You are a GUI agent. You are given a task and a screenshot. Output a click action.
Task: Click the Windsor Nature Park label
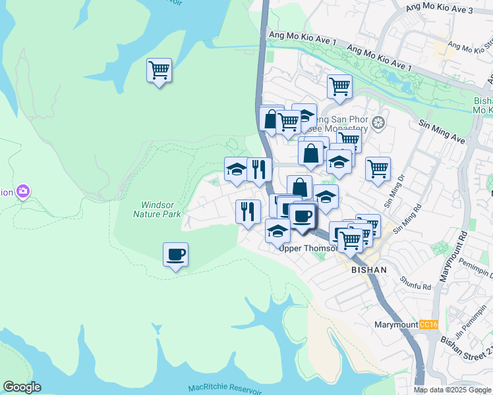pos(156,209)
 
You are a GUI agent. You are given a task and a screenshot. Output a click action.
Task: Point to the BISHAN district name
pos(368,270)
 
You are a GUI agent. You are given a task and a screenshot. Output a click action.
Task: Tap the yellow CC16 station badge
pos(428,325)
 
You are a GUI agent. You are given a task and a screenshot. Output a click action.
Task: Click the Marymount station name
pos(395,325)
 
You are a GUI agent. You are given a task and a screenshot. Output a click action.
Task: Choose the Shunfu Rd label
pos(415,282)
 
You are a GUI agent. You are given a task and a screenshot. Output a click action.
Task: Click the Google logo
pos(22,387)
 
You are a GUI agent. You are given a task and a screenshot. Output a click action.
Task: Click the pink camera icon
pos(24,192)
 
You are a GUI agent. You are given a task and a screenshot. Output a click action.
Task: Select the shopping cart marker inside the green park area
pos(159,70)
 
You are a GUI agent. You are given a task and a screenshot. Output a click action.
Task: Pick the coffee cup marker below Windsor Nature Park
pos(175,255)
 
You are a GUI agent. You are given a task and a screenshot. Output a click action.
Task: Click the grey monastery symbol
pos(378,122)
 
